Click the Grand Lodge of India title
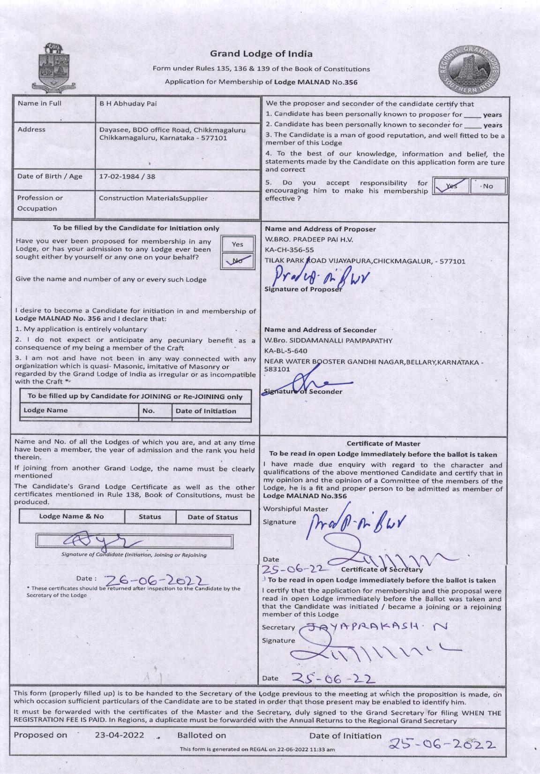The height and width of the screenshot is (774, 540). coord(261,54)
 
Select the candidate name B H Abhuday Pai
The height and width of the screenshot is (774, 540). coord(127,104)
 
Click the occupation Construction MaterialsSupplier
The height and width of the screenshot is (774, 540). coord(153,198)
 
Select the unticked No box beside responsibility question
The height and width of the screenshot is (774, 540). coord(487,186)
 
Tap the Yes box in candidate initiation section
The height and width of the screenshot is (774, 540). coord(238,244)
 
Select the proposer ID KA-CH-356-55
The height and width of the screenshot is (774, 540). coord(289,250)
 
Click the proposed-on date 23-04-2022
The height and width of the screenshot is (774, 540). coord(120,735)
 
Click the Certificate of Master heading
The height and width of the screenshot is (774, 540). coord(383,444)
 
